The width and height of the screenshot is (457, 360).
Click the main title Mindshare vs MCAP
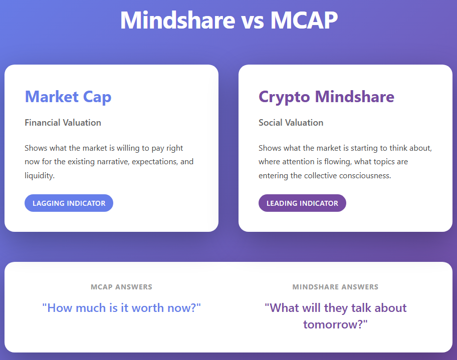(x=229, y=20)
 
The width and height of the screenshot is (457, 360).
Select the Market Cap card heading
(x=68, y=97)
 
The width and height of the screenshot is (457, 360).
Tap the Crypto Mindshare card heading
(x=326, y=97)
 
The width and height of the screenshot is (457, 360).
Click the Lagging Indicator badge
(x=69, y=203)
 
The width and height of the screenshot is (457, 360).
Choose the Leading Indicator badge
(x=302, y=203)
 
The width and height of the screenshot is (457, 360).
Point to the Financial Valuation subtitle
(x=63, y=123)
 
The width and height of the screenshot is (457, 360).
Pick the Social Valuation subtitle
(x=291, y=123)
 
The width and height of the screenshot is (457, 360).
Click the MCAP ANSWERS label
(x=122, y=287)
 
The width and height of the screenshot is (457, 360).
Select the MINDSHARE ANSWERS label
(x=335, y=287)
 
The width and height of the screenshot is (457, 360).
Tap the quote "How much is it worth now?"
(x=122, y=308)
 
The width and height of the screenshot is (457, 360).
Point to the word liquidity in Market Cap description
(x=39, y=176)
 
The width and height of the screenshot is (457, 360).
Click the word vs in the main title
(x=253, y=21)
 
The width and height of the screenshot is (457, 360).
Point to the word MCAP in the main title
(x=304, y=20)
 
